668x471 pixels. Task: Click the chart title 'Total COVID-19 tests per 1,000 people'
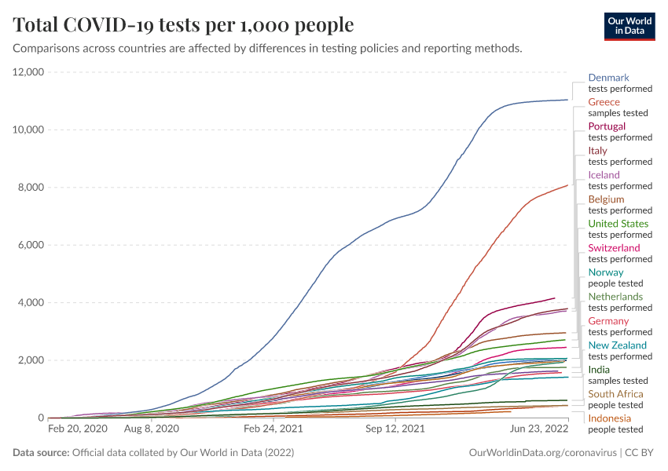(x=183, y=25)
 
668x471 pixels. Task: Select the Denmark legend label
(x=608, y=78)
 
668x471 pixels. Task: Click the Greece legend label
(x=604, y=102)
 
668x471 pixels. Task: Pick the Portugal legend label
(x=607, y=126)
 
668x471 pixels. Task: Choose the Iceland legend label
(x=604, y=175)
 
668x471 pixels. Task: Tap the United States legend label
(x=618, y=224)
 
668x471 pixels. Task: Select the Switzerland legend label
(x=614, y=248)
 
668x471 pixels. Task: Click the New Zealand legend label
(x=617, y=345)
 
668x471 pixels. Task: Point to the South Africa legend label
(x=615, y=394)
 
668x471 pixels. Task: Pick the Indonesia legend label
(x=609, y=418)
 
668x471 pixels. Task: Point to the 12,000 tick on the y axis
(x=28, y=72)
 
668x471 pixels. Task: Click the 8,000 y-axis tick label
(x=31, y=188)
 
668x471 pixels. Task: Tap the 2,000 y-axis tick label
(x=31, y=360)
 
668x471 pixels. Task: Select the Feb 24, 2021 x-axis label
(x=273, y=429)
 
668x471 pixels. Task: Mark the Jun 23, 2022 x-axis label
(x=539, y=429)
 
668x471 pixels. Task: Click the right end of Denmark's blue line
(x=567, y=100)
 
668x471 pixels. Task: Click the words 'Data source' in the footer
(x=40, y=453)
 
